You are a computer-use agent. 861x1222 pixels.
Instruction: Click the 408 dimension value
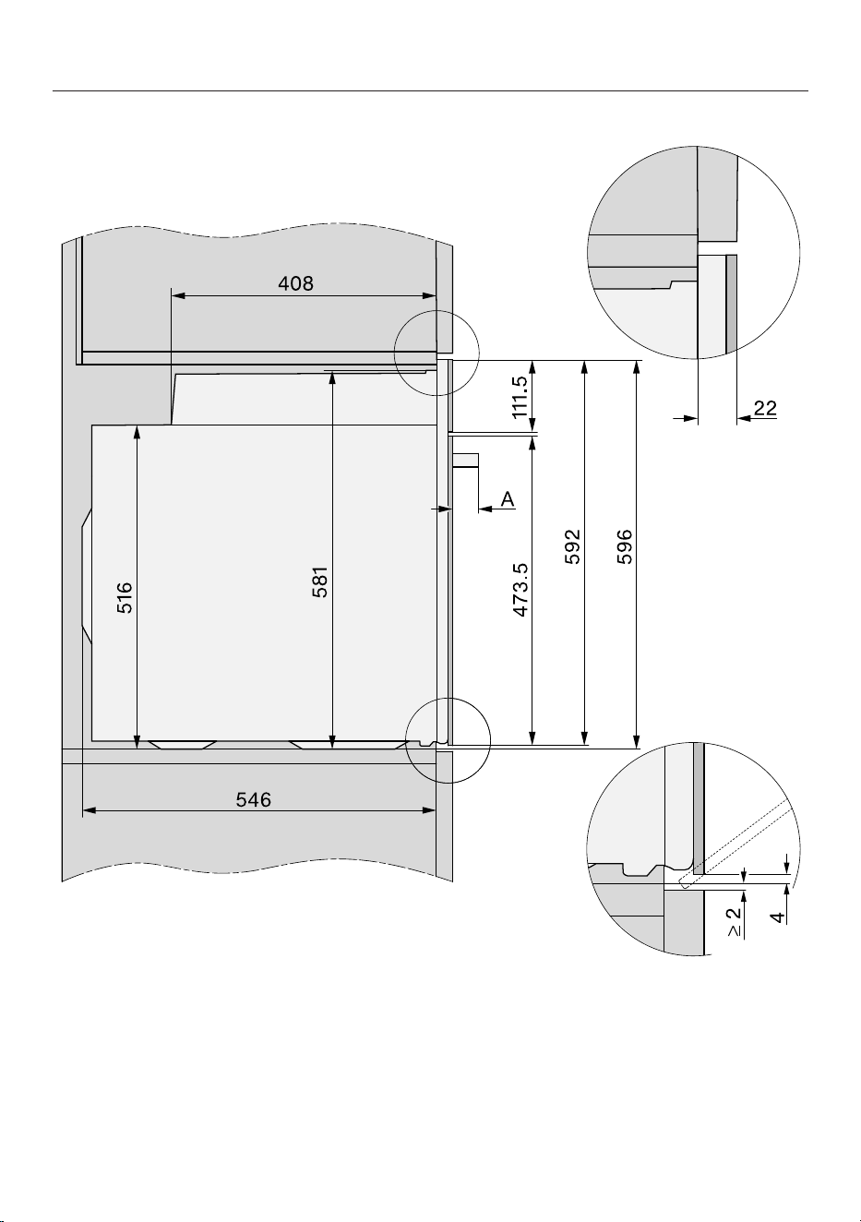click(295, 283)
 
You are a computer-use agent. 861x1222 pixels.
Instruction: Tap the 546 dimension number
click(253, 800)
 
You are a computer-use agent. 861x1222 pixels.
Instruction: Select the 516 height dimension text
click(125, 597)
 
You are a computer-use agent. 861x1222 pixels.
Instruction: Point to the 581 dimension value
click(320, 582)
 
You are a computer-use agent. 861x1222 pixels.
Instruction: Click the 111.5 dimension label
click(520, 397)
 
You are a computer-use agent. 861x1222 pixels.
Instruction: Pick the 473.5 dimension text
click(521, 590)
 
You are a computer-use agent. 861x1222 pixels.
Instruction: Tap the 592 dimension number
click(572, 546)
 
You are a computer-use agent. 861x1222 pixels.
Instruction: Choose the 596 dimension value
click(624, 546)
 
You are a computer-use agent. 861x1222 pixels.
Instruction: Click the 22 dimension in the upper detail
click(765, 408)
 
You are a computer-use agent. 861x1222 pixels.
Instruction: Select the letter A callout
click(508, 498)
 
